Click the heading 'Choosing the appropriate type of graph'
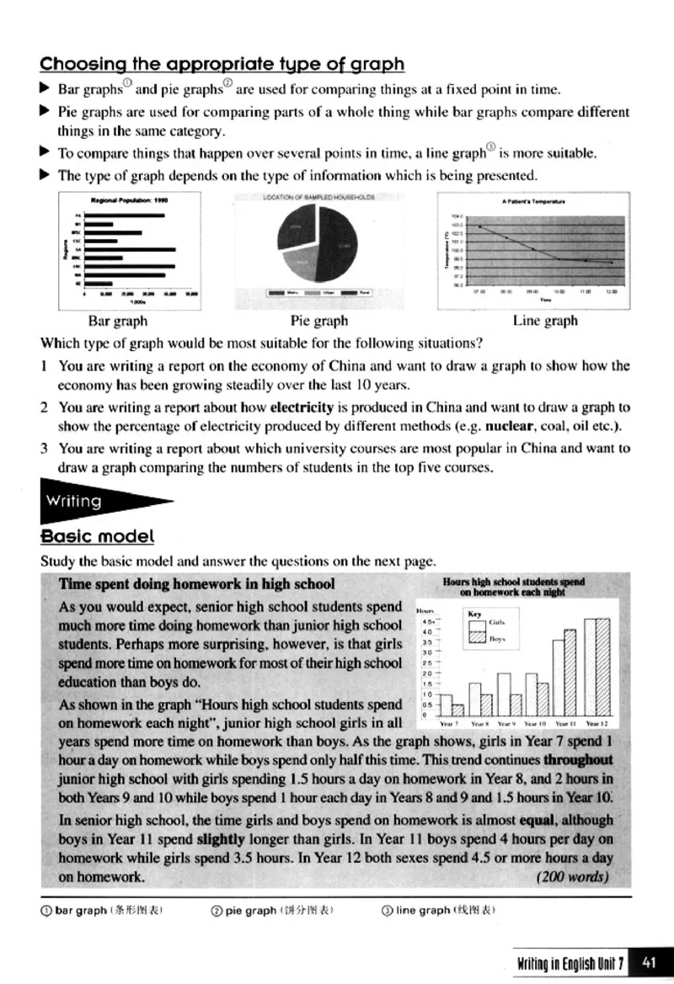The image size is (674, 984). [x=222, y=64]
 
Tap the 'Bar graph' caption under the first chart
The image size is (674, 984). [x=117, y=321]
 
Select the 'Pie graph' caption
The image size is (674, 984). [x=318, y=321]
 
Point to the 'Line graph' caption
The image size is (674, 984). [x=545, y=321]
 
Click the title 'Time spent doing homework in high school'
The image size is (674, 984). [x=196, y=584]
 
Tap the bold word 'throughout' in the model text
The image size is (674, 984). [x=578, y=758]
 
